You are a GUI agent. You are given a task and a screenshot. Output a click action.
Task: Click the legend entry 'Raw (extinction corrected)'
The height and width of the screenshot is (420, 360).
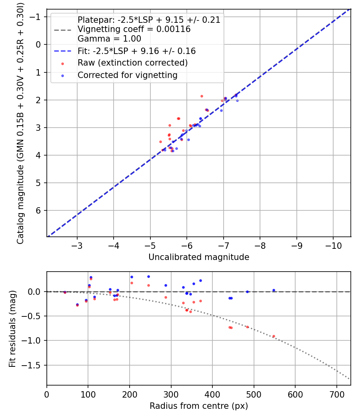click(x=132, y=63)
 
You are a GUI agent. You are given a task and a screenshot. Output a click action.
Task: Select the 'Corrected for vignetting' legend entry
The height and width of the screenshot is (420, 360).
click(x=128, y=75)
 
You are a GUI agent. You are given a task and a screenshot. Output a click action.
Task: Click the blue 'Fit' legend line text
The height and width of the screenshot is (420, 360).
click(x=136, y=51)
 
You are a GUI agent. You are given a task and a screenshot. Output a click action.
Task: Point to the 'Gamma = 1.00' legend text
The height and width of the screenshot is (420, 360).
click(x=109, y=39)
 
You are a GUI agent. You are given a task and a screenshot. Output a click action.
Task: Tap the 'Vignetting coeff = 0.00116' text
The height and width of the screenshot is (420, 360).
click(x=134, y=29)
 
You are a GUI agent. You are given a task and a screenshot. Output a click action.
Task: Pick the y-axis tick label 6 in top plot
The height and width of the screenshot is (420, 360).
click(x=39, y=210)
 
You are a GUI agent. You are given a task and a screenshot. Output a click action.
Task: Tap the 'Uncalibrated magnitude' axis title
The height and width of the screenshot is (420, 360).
click(x=199, y=257)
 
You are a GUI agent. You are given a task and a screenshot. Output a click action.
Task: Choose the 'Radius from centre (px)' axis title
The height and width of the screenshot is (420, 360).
click(x=199, y=406)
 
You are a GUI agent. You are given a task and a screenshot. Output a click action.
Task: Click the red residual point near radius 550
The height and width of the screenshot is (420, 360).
click(x=274, y=336)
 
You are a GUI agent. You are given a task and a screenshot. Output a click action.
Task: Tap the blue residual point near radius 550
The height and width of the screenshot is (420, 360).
click(x=274, y=290)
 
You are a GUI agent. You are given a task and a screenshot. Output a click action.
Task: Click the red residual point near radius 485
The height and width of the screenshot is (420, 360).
click(x=247, y=327)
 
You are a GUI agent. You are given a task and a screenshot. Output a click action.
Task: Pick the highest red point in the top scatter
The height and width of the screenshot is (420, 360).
click(x=202, y=96)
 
